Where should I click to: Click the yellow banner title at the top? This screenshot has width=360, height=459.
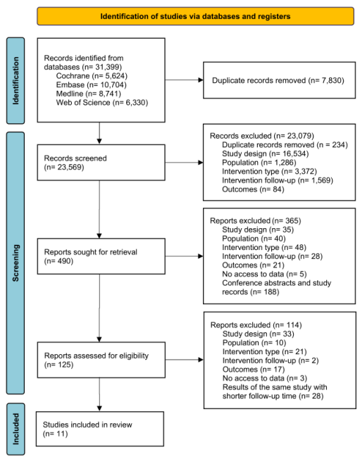[x=195, y=16]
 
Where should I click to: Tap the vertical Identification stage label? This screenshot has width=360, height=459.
[x=15, y=80]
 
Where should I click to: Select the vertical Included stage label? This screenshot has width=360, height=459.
[x=15, y=429]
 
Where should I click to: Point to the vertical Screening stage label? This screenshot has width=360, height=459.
[x=15, y=263]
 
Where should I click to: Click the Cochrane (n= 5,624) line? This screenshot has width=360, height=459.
[x=92, y=76]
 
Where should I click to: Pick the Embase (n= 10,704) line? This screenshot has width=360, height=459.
[x=92, y=85]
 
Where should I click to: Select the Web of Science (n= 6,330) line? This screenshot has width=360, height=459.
[x=102, y=103]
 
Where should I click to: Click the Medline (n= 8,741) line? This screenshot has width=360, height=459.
[x=89, y=94]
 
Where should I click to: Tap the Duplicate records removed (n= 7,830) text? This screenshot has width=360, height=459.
[x=278, y=80]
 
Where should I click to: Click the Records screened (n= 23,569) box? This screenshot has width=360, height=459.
[x=101, y=163]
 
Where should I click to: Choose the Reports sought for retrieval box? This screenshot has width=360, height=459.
[x=101, y=256]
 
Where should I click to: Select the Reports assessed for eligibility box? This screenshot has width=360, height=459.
[x=101, y=360]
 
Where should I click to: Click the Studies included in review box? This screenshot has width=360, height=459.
[x=100, y=429]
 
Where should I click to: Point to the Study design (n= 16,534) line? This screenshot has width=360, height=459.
[x=266, y=153]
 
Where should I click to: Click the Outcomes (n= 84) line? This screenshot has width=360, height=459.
[x=253, y=189]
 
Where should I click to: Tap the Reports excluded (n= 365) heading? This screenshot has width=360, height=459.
[x=256, y=221]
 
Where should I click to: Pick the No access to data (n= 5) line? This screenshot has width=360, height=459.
[x=264, y=274]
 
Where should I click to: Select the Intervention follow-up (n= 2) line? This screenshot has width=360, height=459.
[x=271, y=360]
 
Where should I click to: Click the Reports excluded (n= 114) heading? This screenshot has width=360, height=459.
[x=256, y=325]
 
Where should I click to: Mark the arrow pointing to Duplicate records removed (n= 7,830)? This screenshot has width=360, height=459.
[x=185, y=80]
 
